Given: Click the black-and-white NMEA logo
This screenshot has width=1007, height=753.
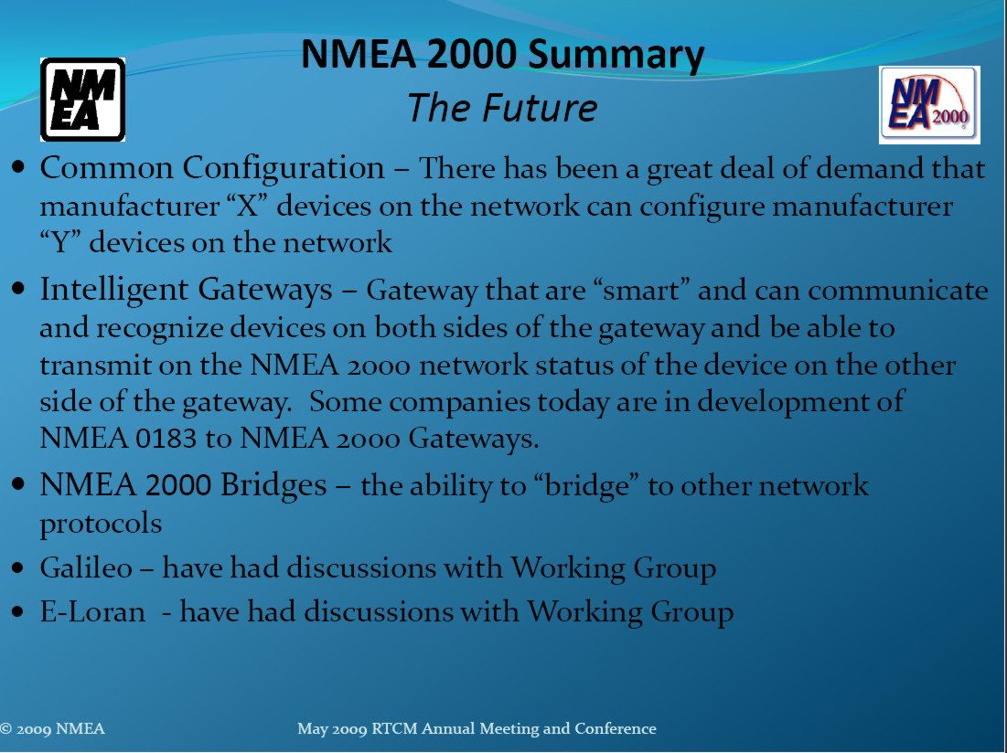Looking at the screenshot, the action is coord(83,100).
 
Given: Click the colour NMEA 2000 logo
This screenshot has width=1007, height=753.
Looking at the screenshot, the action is coord(929,105).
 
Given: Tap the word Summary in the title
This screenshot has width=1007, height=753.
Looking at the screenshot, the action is coord(616,56).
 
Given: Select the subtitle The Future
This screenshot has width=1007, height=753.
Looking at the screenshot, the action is coord(502,107).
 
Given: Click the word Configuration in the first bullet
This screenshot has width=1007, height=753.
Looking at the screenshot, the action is coord(284,169).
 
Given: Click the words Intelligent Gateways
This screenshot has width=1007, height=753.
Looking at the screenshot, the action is coord(187,290).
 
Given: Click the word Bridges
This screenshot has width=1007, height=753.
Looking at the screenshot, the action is coord(273,484).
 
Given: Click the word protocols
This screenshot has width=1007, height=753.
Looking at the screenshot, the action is coord(101,524).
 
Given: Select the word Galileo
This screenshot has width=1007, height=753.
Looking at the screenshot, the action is coord(86,567).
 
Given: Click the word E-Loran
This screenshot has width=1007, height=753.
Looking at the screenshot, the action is coord(92,611).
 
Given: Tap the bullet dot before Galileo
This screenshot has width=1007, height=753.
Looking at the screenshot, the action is coord(18,569).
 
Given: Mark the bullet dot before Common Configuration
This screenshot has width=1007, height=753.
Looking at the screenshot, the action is coord(18,168).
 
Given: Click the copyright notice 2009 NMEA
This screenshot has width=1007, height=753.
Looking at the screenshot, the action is coord(52,728).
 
